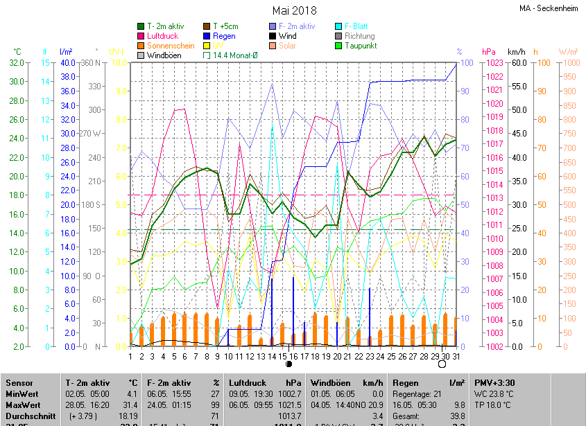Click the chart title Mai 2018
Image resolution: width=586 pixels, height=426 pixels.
point(294,10)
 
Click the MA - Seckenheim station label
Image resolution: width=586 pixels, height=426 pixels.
point(550,9)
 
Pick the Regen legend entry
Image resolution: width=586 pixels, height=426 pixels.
point(224,36)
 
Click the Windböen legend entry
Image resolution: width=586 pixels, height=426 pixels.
point(164,55)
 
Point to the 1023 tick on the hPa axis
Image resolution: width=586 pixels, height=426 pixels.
point(494,63)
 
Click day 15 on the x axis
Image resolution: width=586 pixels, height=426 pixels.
point(283,356)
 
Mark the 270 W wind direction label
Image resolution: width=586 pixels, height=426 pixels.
point(91,134)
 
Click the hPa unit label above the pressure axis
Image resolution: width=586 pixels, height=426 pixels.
point(489,52)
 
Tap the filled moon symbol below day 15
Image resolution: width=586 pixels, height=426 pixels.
point(288,364)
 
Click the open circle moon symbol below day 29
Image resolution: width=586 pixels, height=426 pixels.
point(442,364)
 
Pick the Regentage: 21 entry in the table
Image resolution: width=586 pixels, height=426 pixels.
point(417,393)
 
